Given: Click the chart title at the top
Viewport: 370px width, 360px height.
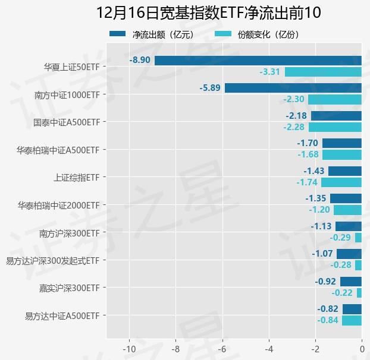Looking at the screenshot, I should (x=208, y=12).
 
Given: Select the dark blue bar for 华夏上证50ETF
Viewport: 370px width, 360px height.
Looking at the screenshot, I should (x=258, y=61).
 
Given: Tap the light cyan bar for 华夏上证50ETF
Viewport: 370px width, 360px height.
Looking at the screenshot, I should (x=323, y=72).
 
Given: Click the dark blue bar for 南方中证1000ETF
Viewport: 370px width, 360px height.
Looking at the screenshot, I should (x=293, y=88).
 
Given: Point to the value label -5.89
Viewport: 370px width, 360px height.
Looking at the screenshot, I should (x=210, y=88).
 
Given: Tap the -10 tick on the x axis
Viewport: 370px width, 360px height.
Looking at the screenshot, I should (x=129, y=348).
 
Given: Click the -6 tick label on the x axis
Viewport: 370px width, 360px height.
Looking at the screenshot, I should (x=222, y=348).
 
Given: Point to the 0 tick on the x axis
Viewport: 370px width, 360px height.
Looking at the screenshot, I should (x=362, y=348).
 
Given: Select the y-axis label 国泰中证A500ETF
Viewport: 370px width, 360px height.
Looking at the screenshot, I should (x=67, y=122).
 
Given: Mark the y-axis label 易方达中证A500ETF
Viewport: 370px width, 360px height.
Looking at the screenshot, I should (x=62, y=315).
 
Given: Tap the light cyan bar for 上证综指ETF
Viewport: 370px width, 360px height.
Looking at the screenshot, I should (x=341, y=182).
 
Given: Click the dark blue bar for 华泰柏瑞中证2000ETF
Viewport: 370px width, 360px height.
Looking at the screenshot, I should (x=346, y=198).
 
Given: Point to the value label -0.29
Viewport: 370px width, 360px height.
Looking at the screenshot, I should (x=340, y=238).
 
